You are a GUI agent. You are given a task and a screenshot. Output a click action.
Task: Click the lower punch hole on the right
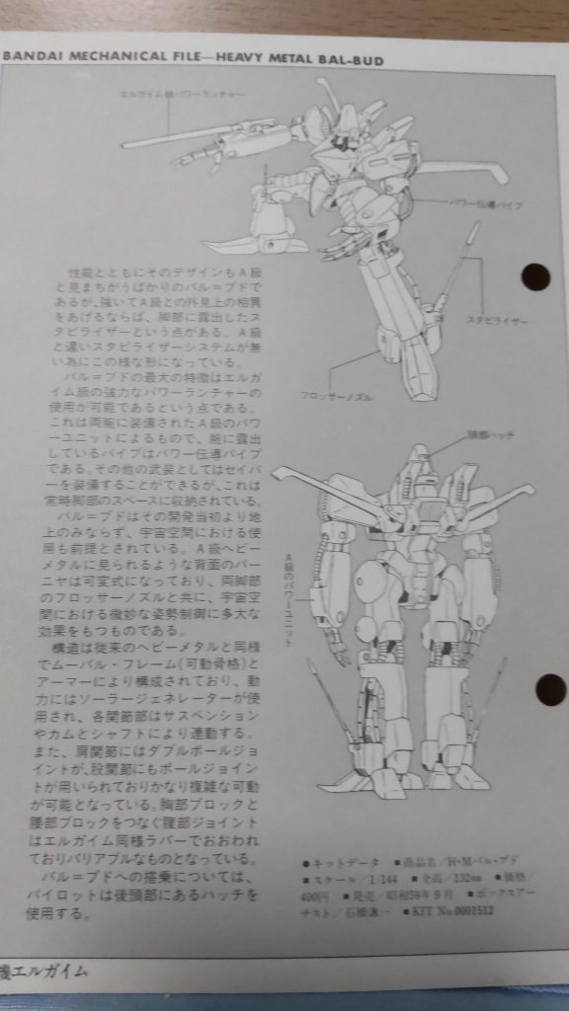point(548,688)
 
